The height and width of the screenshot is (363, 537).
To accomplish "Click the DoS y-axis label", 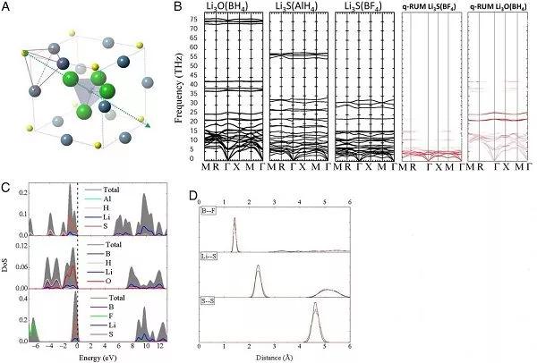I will tap(7, 268).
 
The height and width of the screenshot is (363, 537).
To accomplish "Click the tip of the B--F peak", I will tap(234, 218).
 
